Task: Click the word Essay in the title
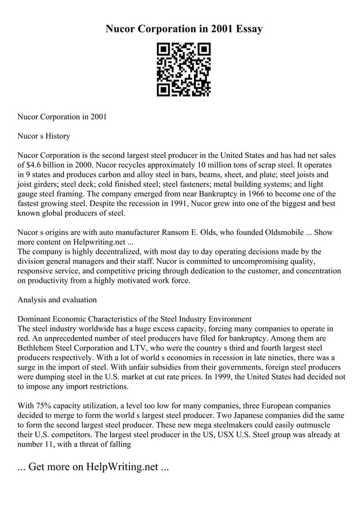pyautogui.click(x=247, y=29)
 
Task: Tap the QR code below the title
pyautogui.click(x=183, y=69)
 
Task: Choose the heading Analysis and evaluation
pyautogui.click(x=57, y=299)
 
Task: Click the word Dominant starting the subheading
pyautogui.click(x=38, y=319)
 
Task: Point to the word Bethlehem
pyautogui.click(x=39, y=348)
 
